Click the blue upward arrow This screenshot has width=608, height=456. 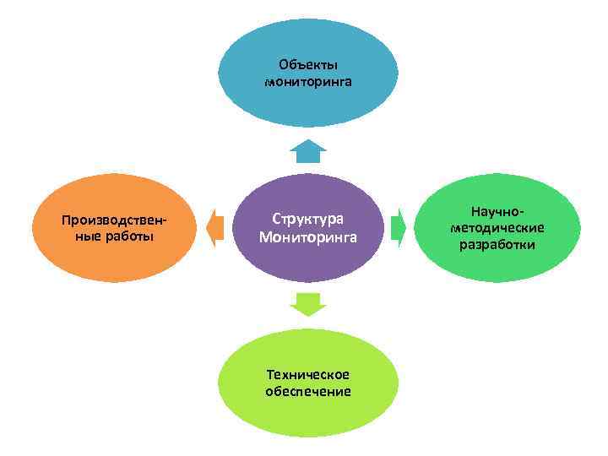point(308,152)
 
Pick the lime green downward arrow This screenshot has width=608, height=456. point(308,303)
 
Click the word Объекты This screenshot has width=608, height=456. point(308,64)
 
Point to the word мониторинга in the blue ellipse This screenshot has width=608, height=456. point(308,82)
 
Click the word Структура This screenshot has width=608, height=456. point(308,218)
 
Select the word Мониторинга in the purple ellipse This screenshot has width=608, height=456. point(308,237)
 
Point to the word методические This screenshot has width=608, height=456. point(497,228)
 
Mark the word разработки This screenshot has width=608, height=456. point(497,245)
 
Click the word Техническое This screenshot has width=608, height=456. point(307,374)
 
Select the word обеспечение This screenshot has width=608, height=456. point(307,391)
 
